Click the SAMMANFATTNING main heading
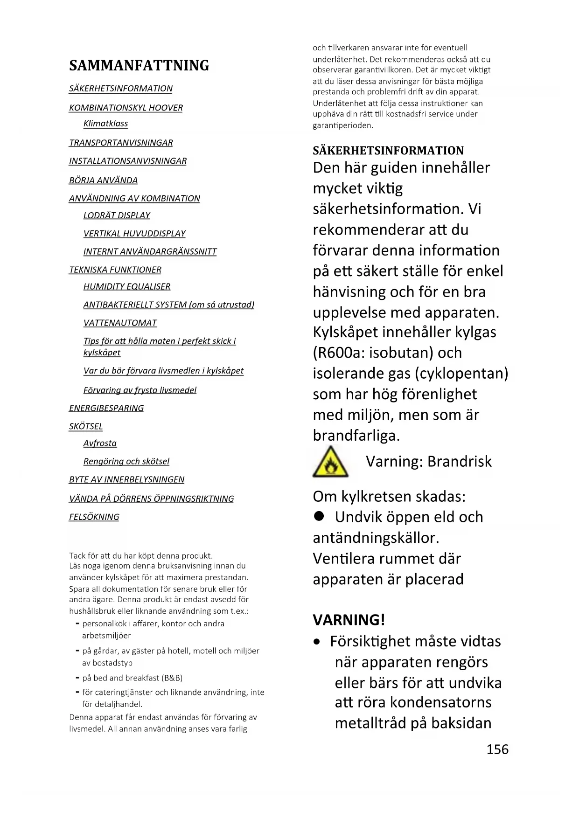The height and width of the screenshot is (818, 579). pyautogui.click(x=139, y=65)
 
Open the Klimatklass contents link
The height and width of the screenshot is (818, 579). pyautogui.click(x=105, y=124)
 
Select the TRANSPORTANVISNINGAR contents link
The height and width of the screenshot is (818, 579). pyautogui.click(x=121, y=143)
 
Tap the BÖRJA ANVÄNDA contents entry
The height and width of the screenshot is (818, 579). pyautogui.click(x=103, y=180)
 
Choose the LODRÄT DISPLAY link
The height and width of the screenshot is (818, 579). pyautogui.click(x=117, y=215)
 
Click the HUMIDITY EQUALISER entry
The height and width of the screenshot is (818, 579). pyautogui.click(x=127, y=286)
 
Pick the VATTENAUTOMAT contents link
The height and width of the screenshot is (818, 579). pyautogui.click(x=120, y=323)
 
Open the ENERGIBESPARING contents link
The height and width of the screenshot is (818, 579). pyautogui.click(x=106, y=408)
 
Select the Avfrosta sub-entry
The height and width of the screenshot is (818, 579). pyautogui.click(x=100, y=443)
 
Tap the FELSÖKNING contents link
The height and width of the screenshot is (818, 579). pyautogui.click(x=94, y=517)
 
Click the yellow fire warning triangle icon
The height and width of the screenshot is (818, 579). pyautogui.click(x=330, y=462)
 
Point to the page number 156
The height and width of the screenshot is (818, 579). pyautogui.click(x=497, y=749)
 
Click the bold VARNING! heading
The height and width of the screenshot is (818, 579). pyautogui.click(x=349, y=620)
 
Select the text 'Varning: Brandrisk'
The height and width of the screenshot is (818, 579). pyautogui.click(x=428, y=461)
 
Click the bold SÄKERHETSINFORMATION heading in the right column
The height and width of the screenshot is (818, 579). pyautogui.click(x=388, y=151)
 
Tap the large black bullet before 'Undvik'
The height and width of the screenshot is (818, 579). pyautogui.click(x=319, y=516)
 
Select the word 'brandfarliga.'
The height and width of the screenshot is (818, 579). pyautogui.click(x=356, y=435)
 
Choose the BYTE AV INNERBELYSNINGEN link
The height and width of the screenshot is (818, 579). pyautogui.click(x=126, y=479)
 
